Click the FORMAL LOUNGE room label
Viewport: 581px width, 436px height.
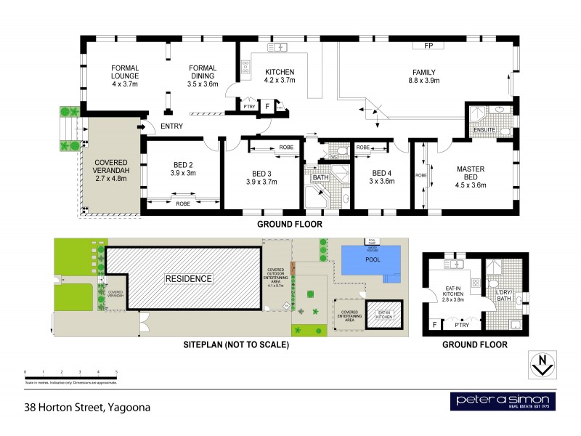[125, 76]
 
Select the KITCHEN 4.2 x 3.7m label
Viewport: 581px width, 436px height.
[280, 76]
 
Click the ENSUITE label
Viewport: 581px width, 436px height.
[484, 130]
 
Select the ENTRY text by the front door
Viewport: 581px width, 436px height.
[172, 126]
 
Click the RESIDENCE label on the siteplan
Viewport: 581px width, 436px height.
[187, 278]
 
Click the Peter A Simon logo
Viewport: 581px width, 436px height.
[502, 402]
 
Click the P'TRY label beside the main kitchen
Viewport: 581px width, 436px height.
[251, 106]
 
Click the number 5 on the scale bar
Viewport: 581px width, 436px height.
[116, 371]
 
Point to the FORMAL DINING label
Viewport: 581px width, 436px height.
[203, 76]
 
